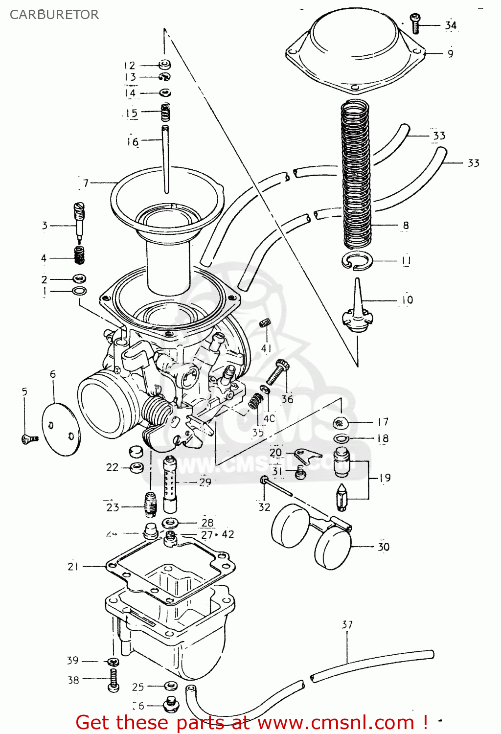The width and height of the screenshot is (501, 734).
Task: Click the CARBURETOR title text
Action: tap(54, 15)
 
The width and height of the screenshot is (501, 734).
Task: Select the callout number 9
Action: tap(450, 53)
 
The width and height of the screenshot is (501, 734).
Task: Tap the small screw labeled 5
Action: tap(29, 439)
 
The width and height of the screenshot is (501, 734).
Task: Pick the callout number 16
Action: tap(133, 142)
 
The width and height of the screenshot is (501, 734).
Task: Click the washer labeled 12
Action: tap(165, 64)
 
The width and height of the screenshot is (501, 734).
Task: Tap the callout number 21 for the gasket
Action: tap(73, 566)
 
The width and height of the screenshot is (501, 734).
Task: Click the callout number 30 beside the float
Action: tap(384, 547)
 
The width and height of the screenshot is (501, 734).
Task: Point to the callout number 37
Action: tap(347, 624)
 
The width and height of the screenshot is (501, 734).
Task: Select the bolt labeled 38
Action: tap(114, 680)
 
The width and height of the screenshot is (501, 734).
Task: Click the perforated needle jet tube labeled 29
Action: tap(170, 483)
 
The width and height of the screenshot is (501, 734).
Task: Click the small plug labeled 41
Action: tap(265, 323)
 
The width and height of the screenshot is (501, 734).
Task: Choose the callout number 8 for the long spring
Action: tap(406, 226)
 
